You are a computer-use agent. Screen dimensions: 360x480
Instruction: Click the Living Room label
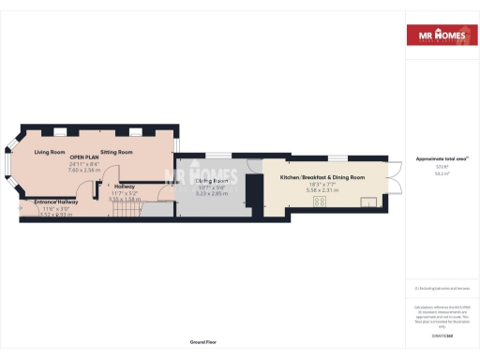50,151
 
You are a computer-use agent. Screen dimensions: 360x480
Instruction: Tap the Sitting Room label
117,151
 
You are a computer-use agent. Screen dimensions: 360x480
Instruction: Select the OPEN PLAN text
83,157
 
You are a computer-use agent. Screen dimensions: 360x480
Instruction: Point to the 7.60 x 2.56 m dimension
83,170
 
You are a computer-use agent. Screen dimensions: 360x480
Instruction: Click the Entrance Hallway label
56,202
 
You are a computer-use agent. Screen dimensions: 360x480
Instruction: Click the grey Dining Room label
213,180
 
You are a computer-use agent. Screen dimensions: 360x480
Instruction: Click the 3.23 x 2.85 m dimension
213,192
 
